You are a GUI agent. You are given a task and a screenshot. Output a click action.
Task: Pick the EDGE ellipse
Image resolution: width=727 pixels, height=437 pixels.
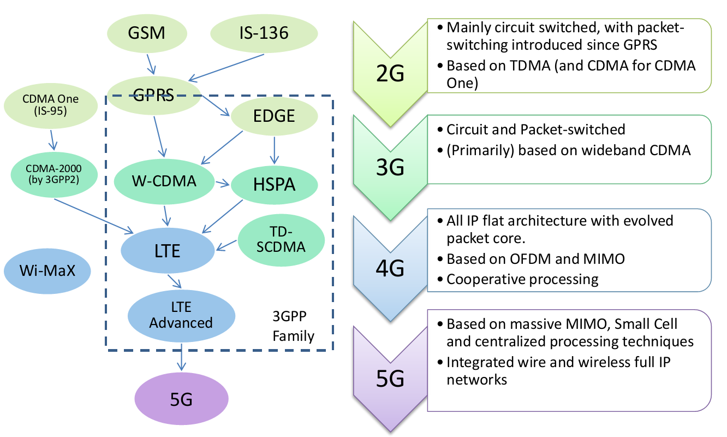coord(274,116)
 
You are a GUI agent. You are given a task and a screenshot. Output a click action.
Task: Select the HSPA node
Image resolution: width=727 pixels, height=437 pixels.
coord(274,185)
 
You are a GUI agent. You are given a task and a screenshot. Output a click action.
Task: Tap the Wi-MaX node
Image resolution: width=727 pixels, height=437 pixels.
coord(47,270)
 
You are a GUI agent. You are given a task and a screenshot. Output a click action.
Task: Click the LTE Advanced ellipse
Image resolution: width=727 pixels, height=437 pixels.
coord(181,316)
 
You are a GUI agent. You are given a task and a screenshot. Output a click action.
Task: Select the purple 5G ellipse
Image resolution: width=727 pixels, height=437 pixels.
coord(181,399)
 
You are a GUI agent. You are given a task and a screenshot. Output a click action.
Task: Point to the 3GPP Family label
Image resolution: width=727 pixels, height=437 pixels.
coord(294,326)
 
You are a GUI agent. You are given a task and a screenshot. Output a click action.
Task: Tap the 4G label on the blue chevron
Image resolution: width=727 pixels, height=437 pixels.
coord(390,268)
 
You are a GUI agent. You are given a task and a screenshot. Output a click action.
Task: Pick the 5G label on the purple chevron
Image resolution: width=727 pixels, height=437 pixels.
coord(390,379)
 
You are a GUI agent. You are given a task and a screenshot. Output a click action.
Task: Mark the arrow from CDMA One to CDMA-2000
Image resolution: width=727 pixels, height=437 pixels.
coord(52,139)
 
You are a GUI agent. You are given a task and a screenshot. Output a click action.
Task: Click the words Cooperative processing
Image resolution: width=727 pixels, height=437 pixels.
coord(522,279)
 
